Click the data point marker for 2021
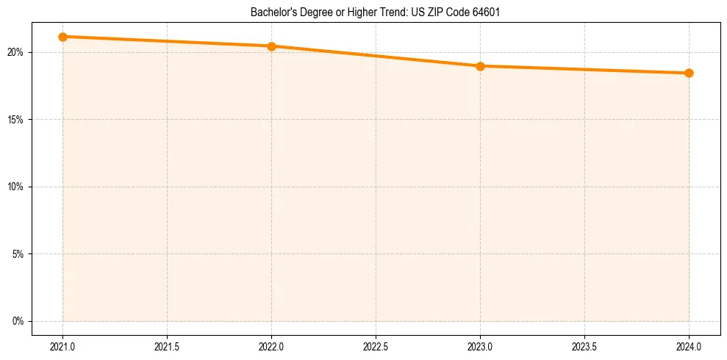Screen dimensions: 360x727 click(x=62, y=37)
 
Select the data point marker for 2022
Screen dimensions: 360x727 click(x=271, y=46)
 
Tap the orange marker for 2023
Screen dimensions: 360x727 click(x=480, y=66)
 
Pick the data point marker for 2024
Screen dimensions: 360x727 click(x=689, y=73)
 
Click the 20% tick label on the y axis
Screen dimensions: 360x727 click(x=16, y=52)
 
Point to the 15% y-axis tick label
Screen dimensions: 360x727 click(x=16, y=119)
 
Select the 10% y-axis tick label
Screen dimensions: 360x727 click(x=16, y=187)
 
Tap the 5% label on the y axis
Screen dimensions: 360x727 click(x=18, y=254)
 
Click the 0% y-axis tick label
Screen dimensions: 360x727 click(x=18, y=321)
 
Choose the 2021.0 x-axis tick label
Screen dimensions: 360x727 click(x=62, y=345)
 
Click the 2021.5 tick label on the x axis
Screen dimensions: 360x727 click(x=167, y=345)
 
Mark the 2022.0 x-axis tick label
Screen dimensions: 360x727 click(x=271, y=345)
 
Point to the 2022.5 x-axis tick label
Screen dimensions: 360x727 click(x=376, y=345)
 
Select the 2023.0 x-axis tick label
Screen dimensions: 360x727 click(x=480, y=345)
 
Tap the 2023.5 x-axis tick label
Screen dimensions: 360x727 click(x=584, y=345)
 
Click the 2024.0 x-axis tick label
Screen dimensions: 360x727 click(x=689, y=345)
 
